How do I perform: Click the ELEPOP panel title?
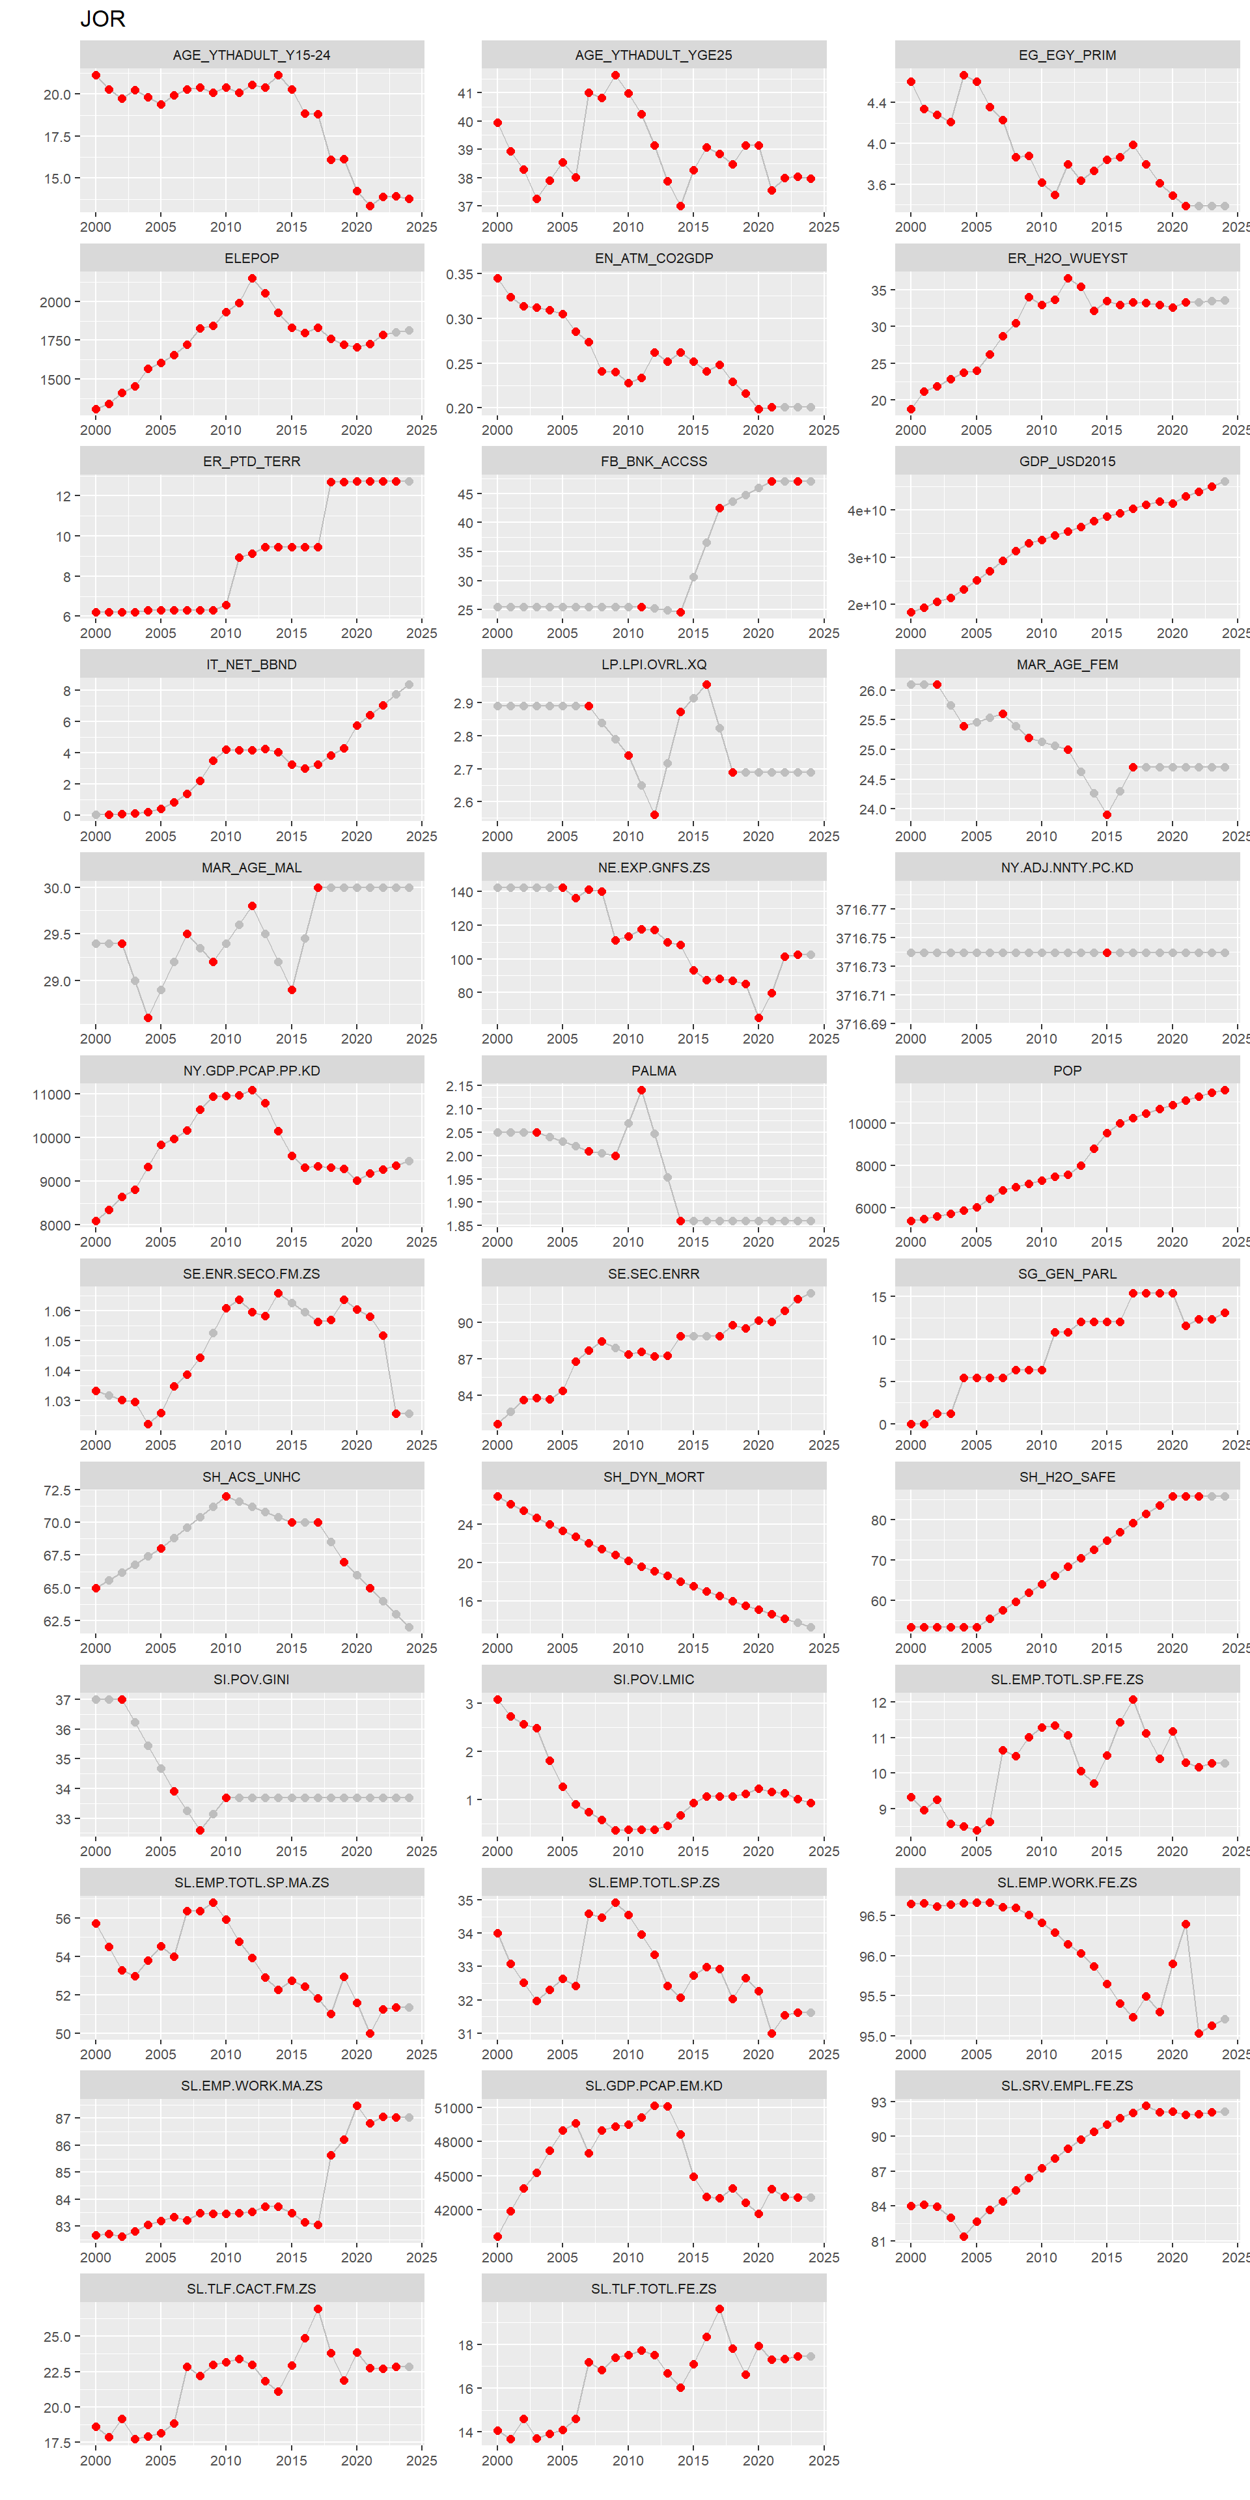[251, 258]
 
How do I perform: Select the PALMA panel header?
[653, 1070]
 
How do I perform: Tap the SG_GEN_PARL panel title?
[1066, 1273]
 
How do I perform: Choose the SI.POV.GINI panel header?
[251, 1679]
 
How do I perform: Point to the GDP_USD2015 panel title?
[1066, 461]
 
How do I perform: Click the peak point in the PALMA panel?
[641, 1090]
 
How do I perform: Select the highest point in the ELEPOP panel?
[253, 279]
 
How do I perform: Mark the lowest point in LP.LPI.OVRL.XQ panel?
[654, 814]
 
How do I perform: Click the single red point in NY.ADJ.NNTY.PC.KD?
[1106, 952]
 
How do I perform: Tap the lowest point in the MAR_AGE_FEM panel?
[1106, 814]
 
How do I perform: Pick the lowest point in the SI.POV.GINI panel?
[200, 1830]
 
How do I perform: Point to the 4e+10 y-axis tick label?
[867, 510]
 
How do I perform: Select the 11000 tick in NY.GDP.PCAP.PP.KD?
[51, 1094]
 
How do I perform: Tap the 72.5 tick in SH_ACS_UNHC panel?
[56, 1490]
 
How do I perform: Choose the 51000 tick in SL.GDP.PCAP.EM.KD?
[453, 2108]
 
